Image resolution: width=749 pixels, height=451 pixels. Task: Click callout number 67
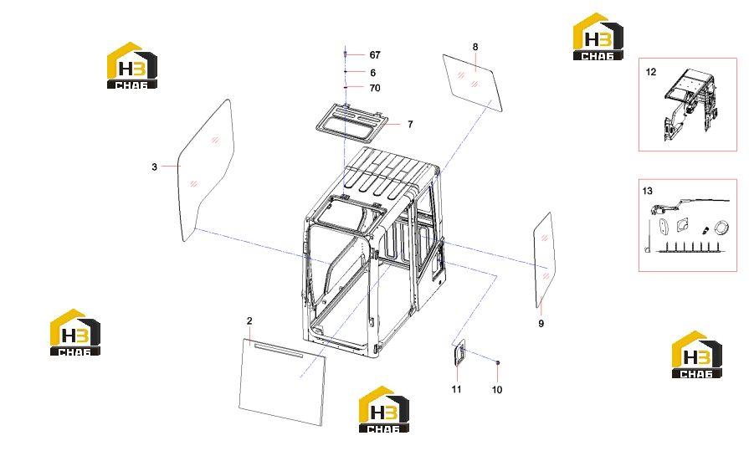point(375,55)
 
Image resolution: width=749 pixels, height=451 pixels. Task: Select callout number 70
point(375,88)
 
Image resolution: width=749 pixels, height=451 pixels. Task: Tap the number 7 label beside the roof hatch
point(410,124)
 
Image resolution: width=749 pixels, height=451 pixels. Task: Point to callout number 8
point(475,47)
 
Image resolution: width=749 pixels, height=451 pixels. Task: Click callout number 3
point(154,167)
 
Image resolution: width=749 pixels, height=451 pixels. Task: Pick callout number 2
point(249,320)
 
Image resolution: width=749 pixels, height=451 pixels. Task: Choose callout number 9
point(541,324)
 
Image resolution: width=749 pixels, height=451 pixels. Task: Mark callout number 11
point(457,389)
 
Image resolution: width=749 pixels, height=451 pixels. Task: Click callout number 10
point(497,390)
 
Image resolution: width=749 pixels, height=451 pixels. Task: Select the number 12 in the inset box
point(651,72)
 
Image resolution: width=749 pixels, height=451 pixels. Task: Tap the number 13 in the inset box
point(647,191)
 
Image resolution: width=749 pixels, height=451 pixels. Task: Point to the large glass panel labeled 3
point(207,170)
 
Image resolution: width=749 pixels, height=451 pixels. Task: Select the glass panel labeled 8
point(473,82)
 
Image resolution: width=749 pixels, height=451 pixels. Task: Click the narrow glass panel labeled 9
point(545,260)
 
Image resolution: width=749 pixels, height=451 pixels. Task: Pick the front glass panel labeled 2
point(282,382)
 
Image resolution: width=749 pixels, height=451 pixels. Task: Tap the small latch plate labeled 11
point(459,353)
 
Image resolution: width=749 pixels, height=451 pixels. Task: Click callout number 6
point(373,73)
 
